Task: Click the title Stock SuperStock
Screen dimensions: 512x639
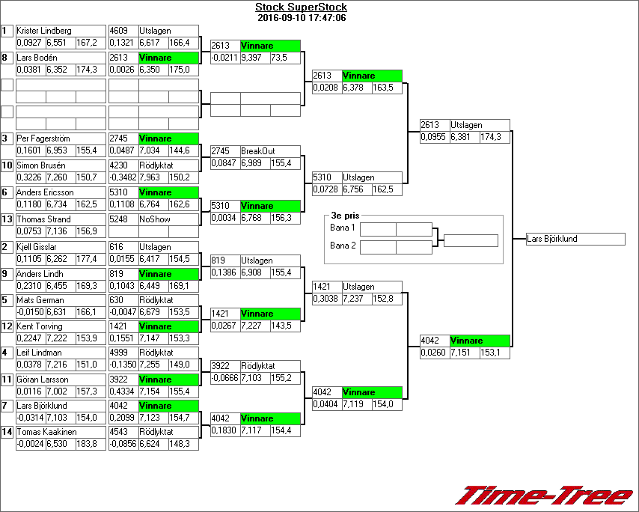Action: (301, 7)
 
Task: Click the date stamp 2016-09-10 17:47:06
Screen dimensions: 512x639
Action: (301, 18)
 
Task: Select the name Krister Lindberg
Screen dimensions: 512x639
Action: (44, 31)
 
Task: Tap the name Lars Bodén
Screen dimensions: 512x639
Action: (37, 58)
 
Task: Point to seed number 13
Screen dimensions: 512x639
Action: (7, 219)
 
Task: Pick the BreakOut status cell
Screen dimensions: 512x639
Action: (257, 151)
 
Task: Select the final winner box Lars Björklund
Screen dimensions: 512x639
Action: (575, 239)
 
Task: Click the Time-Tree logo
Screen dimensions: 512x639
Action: (544, 496)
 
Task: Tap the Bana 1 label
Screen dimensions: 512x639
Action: (342, 227)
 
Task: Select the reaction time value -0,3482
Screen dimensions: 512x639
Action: (123, 177)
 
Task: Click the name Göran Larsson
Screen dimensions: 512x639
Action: (42, 380)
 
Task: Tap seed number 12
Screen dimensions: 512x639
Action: (7, 326)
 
